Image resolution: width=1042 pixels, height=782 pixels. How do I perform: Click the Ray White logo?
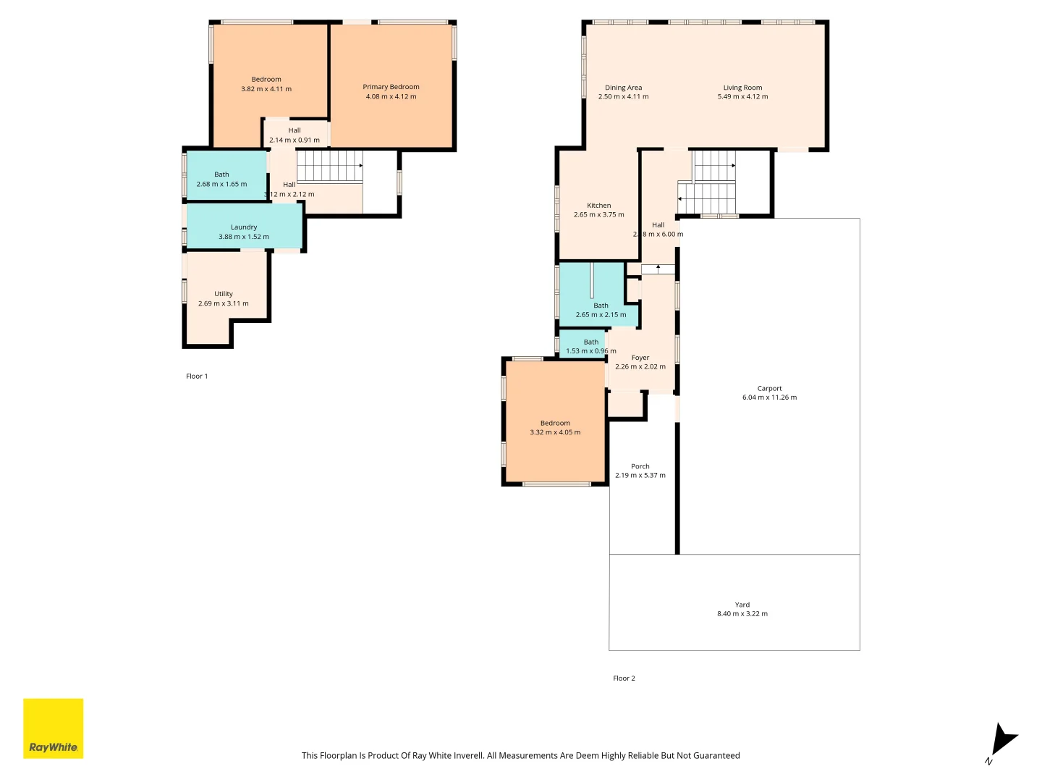54,728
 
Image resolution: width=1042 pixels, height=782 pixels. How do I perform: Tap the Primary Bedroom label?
391,87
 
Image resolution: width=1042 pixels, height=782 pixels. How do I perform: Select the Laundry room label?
244,227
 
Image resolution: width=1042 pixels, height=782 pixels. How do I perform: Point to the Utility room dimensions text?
224,303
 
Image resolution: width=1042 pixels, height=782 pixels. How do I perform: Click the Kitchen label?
598,206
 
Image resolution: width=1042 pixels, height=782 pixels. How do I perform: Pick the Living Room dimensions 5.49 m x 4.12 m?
742,96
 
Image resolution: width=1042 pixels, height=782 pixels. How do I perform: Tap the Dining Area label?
623,88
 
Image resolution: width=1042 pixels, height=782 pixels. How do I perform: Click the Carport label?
769,388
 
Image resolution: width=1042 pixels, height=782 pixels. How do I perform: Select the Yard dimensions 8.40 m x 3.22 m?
742,614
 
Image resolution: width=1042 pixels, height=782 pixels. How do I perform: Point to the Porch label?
640,466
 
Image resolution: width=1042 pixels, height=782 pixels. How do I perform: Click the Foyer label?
640,358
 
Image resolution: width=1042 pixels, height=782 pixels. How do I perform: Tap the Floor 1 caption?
197,376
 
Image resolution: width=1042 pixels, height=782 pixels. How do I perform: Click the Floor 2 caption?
624,678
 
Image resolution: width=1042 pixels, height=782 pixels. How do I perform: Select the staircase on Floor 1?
329,166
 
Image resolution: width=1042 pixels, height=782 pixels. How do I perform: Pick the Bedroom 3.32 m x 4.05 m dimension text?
555,432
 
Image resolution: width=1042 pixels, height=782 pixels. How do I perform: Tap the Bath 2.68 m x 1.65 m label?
221,175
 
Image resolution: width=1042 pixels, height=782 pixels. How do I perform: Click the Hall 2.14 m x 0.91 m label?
295,130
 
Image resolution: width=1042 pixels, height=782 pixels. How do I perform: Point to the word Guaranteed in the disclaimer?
716,755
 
